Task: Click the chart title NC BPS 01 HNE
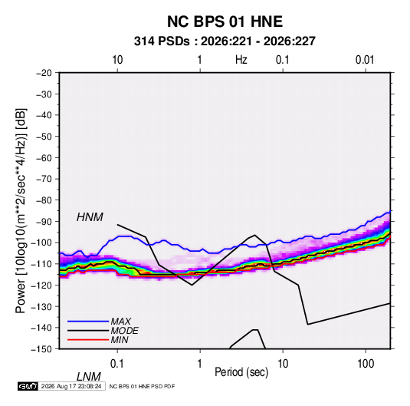225,21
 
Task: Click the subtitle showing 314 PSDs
225,41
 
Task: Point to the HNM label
90,217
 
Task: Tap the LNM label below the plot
89,377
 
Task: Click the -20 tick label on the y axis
44,73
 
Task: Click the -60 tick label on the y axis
44,157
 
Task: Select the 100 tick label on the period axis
366,364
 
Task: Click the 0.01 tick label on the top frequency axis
365,60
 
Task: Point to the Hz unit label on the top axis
241,60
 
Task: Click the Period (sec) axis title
241,372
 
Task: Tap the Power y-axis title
21,210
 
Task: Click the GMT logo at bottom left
28,386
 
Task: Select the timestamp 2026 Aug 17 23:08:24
71,386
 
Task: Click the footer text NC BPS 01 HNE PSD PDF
142,386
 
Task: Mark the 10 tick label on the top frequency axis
117,60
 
